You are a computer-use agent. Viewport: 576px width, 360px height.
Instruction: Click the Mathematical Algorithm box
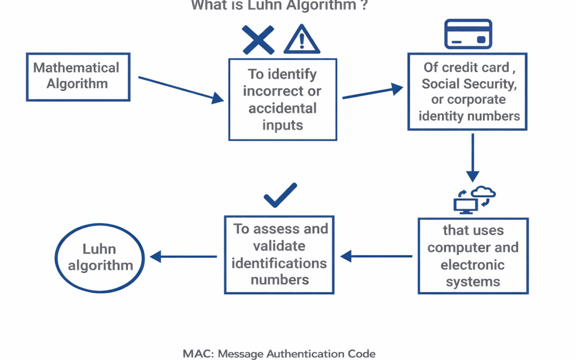pos(78,77)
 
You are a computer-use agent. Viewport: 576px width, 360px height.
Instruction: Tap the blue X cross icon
pos(258,39)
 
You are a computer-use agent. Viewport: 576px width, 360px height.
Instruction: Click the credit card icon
pos(468,34)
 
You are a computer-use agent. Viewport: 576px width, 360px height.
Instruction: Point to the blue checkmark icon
pos(281,195)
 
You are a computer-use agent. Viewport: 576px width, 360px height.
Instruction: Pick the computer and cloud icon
pos(474,200)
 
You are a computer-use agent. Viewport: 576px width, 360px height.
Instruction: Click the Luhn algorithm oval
pos(100,258)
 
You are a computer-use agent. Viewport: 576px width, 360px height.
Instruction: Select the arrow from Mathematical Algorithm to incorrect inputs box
pos(181,89)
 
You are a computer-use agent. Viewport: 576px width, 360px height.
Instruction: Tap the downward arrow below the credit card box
pos(473,157)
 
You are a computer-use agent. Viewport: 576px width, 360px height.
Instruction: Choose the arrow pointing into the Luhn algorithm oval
pos(183,257)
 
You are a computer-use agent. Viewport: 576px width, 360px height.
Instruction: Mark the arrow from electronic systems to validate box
pos(376,257)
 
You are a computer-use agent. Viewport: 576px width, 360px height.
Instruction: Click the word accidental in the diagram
pos(283,108)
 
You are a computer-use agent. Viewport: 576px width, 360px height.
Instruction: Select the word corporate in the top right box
pos(476,100)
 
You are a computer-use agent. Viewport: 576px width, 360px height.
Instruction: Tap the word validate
pos(279,246)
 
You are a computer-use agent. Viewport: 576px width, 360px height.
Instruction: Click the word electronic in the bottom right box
pos(473,265)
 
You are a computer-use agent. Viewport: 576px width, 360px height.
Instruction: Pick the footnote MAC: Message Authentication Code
pos(279,354)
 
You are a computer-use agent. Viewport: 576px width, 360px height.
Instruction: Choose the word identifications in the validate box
pos(279,263)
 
